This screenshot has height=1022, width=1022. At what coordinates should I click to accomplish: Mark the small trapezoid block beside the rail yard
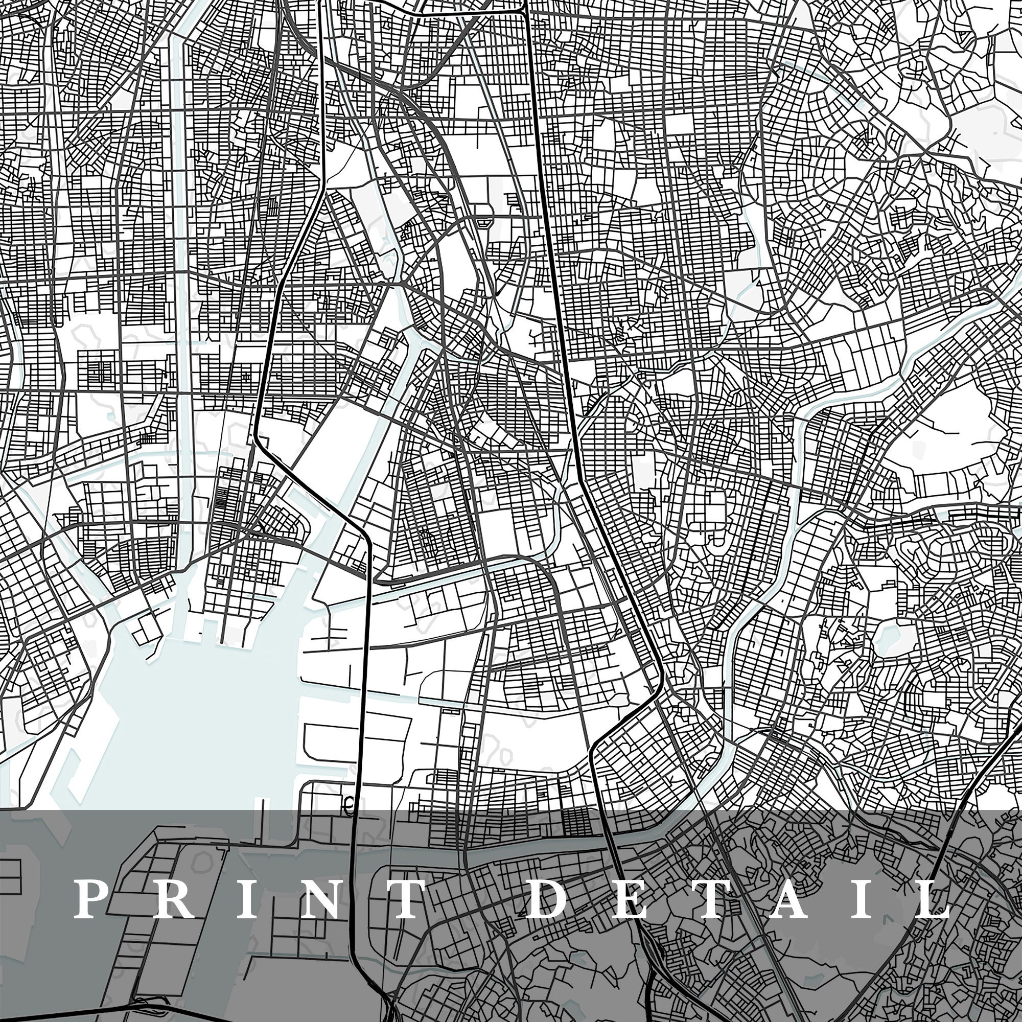482,223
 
